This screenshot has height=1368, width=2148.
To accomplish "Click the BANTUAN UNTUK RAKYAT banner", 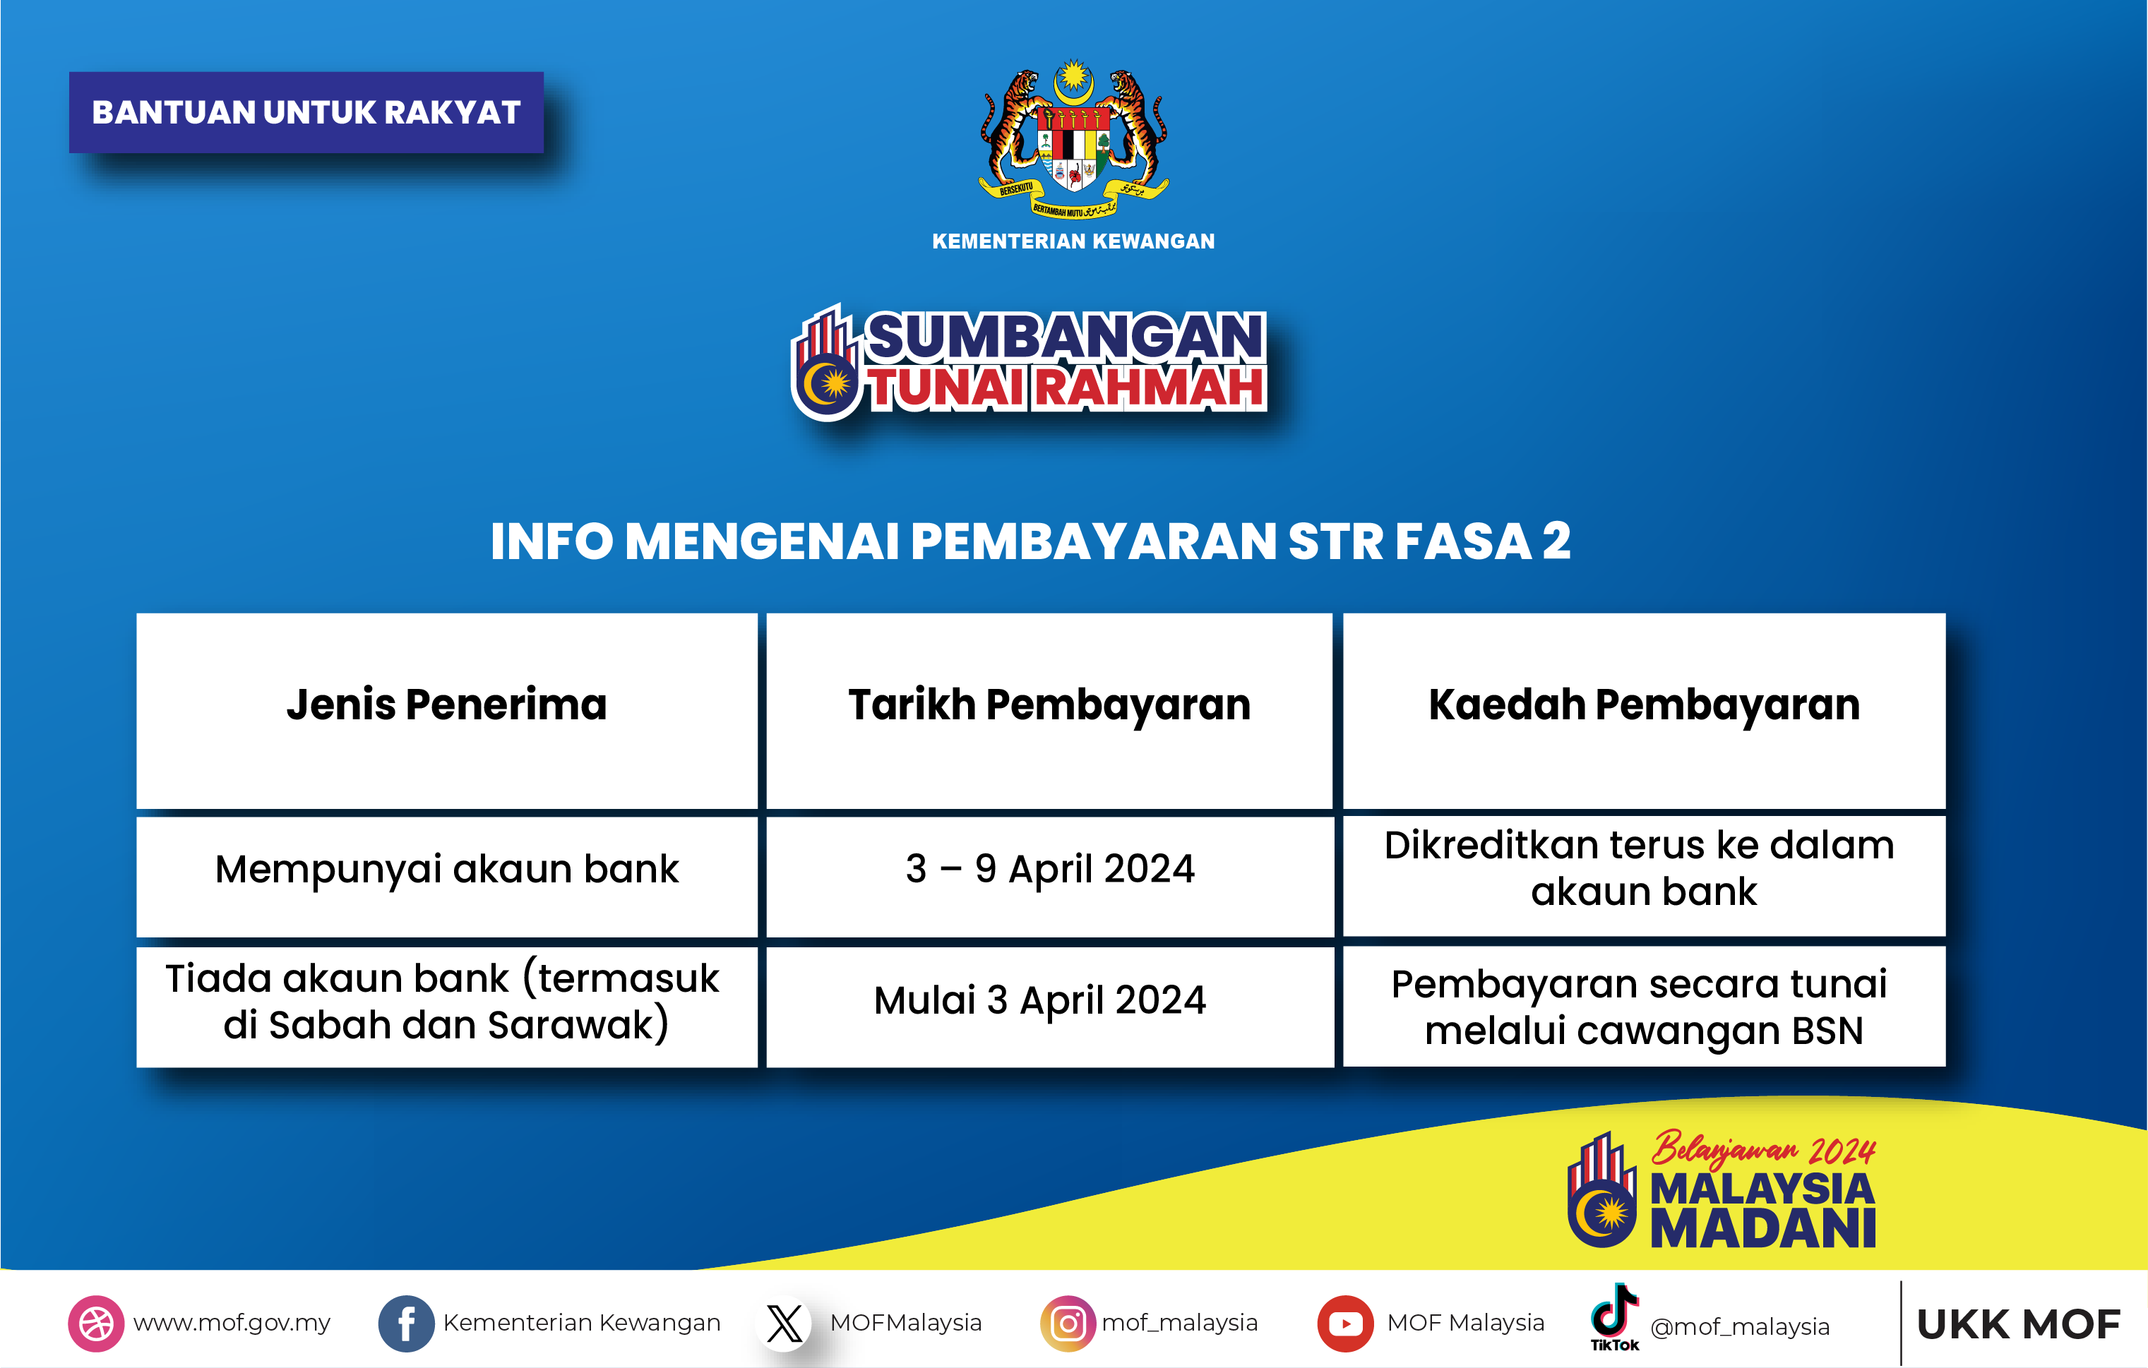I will (x=306, y=112).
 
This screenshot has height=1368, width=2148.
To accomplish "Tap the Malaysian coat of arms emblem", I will (x=1073, y=138).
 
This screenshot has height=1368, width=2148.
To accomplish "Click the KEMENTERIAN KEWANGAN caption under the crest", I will (x=1073, y=241).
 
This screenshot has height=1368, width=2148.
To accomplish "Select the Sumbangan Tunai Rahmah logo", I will (x=1030, y=361).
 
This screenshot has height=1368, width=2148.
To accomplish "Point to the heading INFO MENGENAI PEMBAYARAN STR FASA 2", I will (x=1030, y=541).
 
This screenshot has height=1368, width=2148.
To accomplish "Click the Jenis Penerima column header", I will (x=446, y=705).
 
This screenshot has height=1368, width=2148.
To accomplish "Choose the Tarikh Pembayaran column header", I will (x=1049, y=705).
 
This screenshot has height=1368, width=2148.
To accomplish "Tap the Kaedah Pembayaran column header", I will (x=1643, y=705).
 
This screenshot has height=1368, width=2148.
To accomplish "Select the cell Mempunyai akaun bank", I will (x=446, y=870).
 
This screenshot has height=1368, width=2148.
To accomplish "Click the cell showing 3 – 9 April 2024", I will (x=1049, y=870).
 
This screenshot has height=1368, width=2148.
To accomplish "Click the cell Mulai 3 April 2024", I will (x=1040, y=1000).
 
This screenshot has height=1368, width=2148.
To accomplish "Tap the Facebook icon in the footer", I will (x=406, y=1324).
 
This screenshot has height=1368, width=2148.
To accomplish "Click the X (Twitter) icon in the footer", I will (x=784, y=1324).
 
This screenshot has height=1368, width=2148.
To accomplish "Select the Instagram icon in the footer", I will (x=1068, y=1324).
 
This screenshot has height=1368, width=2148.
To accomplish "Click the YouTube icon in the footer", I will (x=1345, y=1324).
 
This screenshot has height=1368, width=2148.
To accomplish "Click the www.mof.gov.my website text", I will (x=232, y=1324).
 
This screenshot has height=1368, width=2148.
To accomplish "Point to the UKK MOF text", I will (x=2018, y=1325).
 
